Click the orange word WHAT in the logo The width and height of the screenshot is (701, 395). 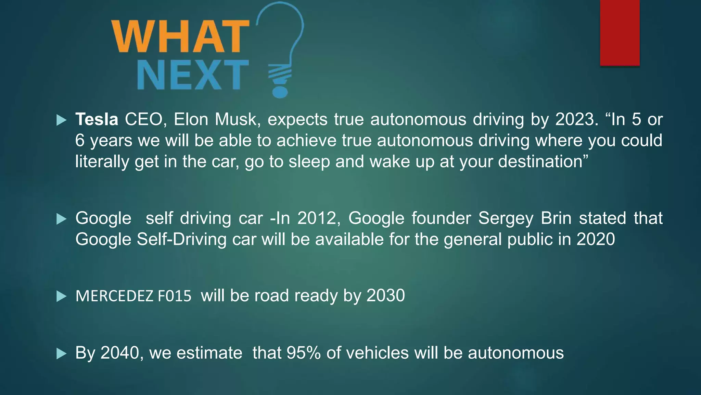[x=180, y=37]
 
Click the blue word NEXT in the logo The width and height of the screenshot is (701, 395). [x=193, y=75]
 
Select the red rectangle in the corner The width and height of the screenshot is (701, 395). [x=620, y=33]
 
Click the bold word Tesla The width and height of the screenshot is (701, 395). [x=97, y=120]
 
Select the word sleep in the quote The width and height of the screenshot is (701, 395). [x=309, y=161]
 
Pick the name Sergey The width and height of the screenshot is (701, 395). [x=505, y=218]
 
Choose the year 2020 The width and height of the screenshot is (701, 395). [x=596, y=239]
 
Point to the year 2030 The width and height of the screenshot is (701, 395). [x=386, y=296]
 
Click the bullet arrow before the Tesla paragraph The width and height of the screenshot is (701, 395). [x=61, y=120]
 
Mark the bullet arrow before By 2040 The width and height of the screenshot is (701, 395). [x=61, y=354]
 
